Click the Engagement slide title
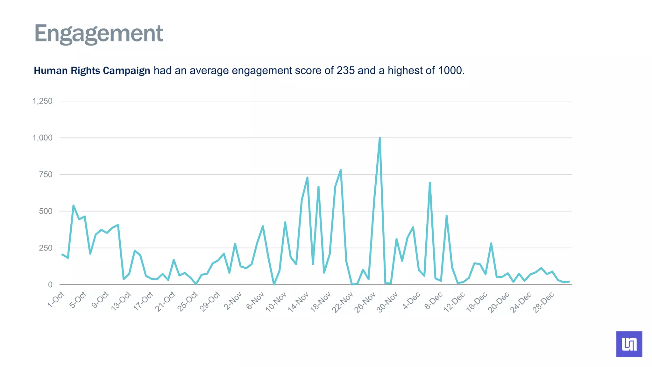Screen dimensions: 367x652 click(98, 33)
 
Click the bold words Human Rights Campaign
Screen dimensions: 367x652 click(92, 70)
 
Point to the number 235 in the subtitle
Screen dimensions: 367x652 click(345, 70)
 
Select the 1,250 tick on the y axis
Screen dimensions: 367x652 click(42, 101)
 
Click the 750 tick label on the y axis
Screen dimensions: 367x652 click(46, 175)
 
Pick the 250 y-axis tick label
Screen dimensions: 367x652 click(46, 248)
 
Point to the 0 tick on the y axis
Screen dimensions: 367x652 click(50, 285)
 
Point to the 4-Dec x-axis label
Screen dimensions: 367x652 click(412, 301)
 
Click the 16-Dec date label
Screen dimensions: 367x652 click(477, 302)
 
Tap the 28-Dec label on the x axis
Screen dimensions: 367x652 click(544, 302)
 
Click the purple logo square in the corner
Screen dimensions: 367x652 click(629, 344)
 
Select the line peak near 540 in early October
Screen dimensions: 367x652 click(74, 206)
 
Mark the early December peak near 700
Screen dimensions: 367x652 click(430, 183)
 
